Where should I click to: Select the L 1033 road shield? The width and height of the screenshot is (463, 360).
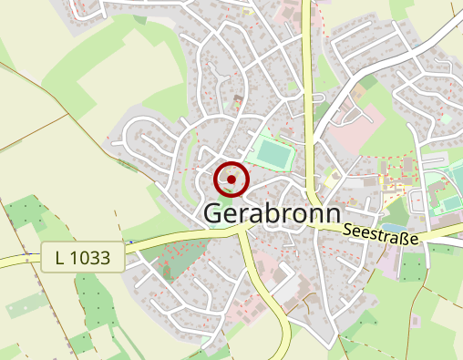82,259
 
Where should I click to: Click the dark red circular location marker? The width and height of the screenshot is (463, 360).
232,180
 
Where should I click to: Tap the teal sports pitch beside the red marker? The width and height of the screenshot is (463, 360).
271,151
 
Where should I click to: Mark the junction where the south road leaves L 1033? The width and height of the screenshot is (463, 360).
241,232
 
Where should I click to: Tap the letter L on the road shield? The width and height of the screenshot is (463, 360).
60,259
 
